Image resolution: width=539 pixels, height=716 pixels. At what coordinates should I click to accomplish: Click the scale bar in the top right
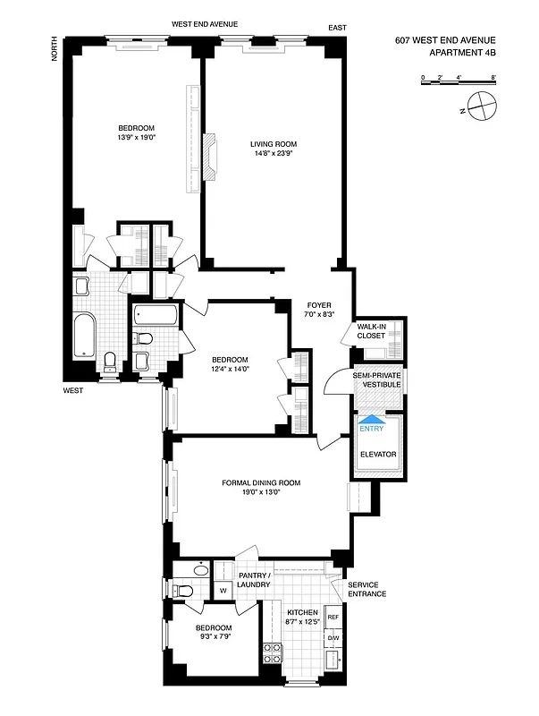click(x=457, y=80)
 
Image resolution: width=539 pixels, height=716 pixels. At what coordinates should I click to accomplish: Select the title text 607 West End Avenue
click(x=443, y=40)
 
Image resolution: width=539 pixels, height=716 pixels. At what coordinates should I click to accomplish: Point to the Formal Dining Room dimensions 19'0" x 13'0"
click(x=261, y=492)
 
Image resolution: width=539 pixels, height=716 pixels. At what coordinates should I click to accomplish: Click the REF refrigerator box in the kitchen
click(x=333, y=618)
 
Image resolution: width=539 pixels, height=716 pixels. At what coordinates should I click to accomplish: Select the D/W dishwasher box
click(x=333, y=638)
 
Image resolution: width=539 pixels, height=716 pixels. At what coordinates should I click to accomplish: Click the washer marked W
click(x=222, y=590)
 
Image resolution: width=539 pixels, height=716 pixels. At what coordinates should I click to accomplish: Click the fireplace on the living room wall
click(x=210, y=157)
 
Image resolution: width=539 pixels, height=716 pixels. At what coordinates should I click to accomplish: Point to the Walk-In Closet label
click(x=371, y=331)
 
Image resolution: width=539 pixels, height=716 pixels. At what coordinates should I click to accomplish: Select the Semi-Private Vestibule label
click(x=376, y=379)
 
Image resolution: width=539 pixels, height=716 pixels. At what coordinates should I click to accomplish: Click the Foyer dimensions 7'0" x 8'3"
click(x=319, y=314)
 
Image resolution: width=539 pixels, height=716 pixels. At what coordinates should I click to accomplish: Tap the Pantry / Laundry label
click(x=255, y=579)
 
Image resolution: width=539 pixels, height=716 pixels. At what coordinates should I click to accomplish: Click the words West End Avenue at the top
click(x=205, y=23)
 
